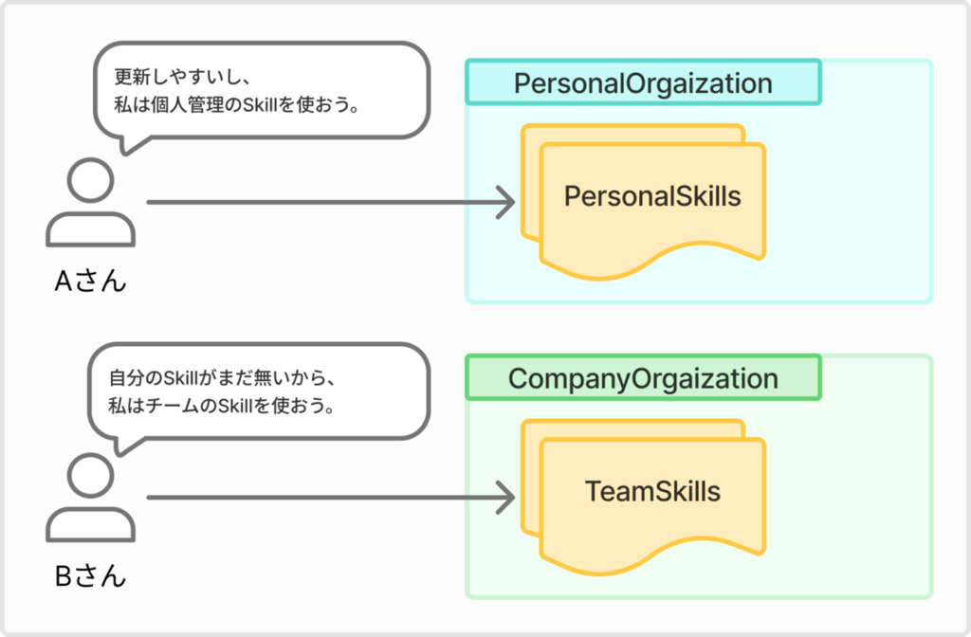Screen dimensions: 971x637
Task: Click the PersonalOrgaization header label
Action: coord(643,83)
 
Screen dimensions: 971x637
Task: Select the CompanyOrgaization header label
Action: coord(643,379)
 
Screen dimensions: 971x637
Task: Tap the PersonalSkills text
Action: coord(652,196)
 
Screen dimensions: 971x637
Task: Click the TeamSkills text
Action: coord(652,492)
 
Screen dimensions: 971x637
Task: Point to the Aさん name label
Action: coord(90,281)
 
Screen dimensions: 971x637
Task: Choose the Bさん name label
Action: coord(90,576)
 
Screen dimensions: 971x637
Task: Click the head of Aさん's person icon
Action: coord(90,180)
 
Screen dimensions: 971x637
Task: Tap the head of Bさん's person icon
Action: coord(90,476)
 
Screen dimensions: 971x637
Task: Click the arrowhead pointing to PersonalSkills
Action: coord(506,203)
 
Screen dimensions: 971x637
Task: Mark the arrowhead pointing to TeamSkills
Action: coord(506,498)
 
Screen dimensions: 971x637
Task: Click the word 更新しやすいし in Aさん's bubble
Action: coord(174,77)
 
